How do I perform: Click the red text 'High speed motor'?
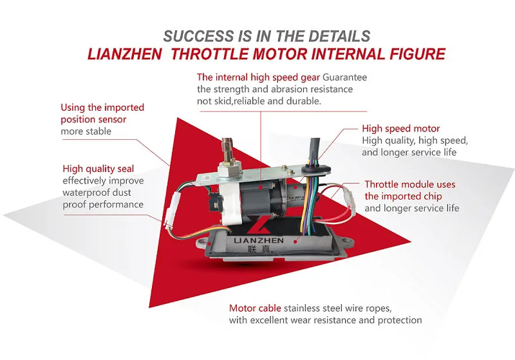coord(400,129)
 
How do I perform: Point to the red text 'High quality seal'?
coord(98,169)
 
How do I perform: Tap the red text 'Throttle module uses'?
coord(409,184)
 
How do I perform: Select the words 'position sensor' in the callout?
coord(93,119)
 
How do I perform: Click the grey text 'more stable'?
coord(86,131)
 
